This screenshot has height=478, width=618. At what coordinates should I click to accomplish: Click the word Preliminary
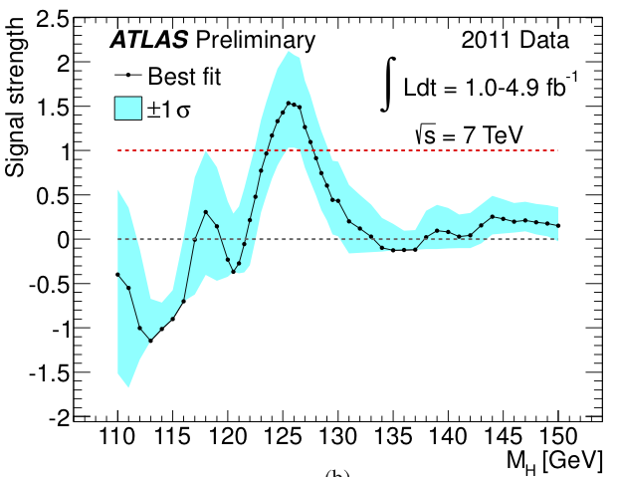click(x=256, y=40)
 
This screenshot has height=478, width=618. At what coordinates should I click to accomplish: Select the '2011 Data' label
click(x=515, y=40)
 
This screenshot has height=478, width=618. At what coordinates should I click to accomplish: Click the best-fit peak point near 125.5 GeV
click(x=289, y=103)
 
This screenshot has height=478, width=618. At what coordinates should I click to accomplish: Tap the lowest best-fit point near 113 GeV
click(x=151, y=341)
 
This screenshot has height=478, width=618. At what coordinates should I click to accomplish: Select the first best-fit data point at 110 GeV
click(x=117, y=274)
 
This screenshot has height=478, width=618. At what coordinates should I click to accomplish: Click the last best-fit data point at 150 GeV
click(x=558, y=225)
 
